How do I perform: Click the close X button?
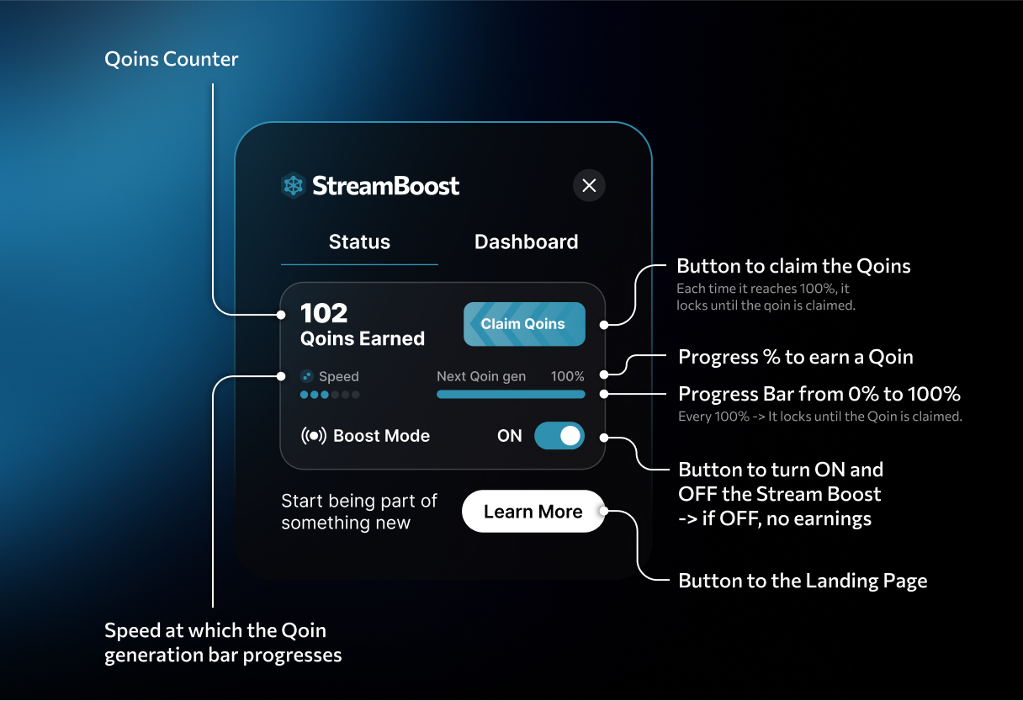pyautogui.click(x=589, y=185)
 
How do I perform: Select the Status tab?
pyautogui.click(x=359, y=242)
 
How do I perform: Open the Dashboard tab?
pyautogui.click(x=526, y=242)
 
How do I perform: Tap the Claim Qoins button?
pyautogui.click(x=523, y=324)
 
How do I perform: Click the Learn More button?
pyautogui.click(x=533, y=512)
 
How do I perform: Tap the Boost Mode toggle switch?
pyautogui.click(x=559, y=435)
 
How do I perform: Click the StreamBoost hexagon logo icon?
pyautogui.click(x=293, y=185)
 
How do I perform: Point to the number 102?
pyautogui.click(x=324, y=313)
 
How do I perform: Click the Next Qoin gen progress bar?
pyautogui.click(x=511, y=394)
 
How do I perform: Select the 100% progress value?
pyautogui.click(x=567, y=376)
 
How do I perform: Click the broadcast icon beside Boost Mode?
pyautogui.click(x=313, y=436)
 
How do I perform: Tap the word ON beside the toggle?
pyautogui.click(x=510, y=436)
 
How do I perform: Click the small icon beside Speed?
pyautogui.click(x=307, y=376)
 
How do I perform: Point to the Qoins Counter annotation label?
pyautogui.click(x=172, y=60)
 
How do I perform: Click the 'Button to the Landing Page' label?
pyautogui.click(x=803, y=581)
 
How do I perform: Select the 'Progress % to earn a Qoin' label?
pyautogui.click(x=795, y=357)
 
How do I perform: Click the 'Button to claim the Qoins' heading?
pyautogui.click(x=793, y=267)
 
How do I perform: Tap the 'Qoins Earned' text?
pyautogui.click(x=363, y=338)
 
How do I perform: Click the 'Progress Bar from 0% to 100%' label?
pyautogui.click(x=819, y=394)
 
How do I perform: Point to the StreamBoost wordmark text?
pyautogui.click(x=386, y=185)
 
